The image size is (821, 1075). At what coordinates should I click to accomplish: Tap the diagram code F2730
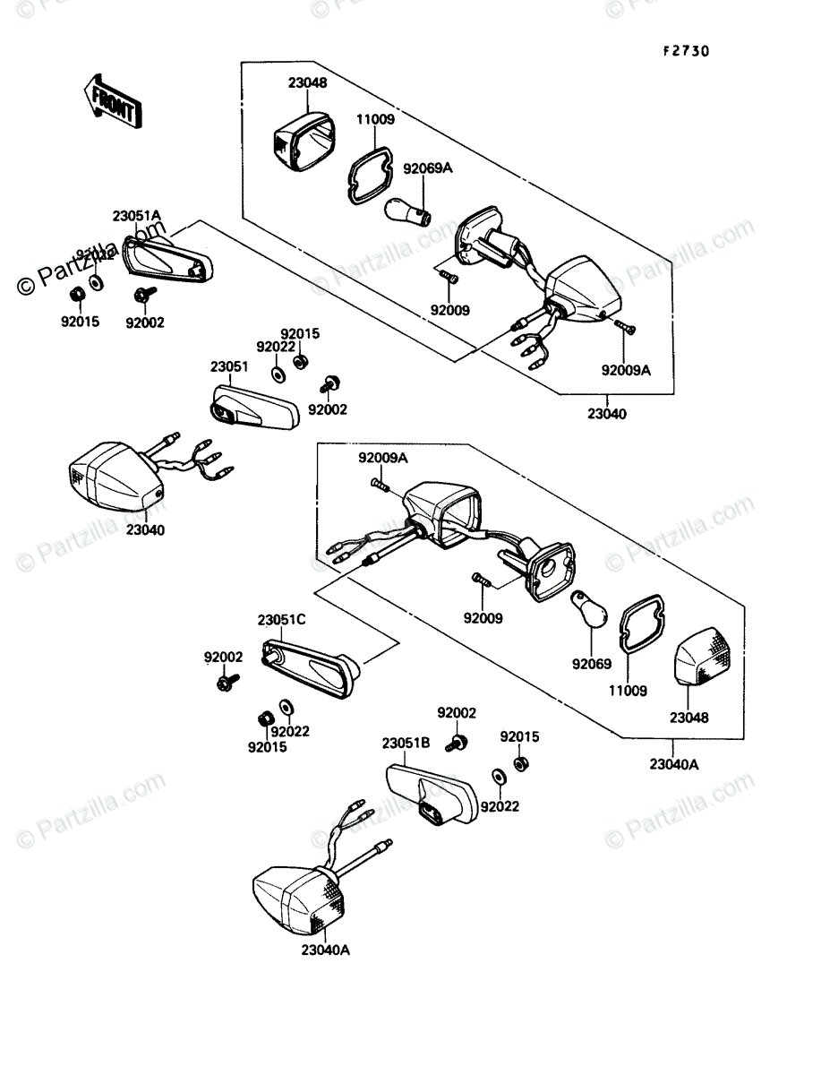(x=687, y=52)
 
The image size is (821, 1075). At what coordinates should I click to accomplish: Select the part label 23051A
(x=136, y=215)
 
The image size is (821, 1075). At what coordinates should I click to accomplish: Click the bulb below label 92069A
(x=408, y=211)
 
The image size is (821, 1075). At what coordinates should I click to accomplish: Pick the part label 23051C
(x=282, y=619)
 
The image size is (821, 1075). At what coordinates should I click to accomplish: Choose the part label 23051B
(x=406, y=743)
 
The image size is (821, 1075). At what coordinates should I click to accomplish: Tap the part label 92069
(x=592, y=664)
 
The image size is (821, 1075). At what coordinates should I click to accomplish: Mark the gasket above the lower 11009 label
(x=638, y=623)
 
